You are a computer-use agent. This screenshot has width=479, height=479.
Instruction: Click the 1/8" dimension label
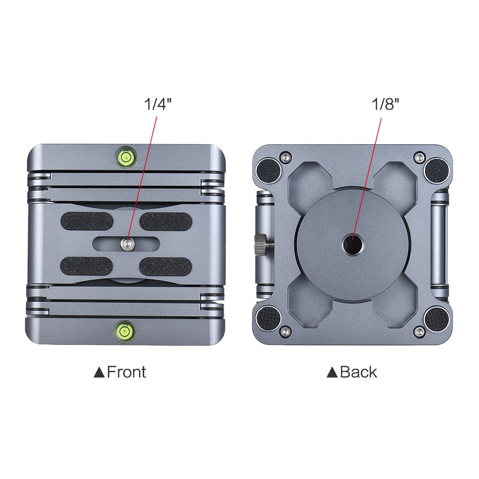386,104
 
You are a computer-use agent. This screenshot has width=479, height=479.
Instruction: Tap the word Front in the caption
126,372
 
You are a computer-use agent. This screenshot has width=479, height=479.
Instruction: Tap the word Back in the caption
358,372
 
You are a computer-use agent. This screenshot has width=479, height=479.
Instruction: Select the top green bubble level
125,156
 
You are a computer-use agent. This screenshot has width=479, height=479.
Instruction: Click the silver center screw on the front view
127,244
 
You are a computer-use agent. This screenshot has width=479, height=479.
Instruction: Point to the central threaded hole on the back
352,244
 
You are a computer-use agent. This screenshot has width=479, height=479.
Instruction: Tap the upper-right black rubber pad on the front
166,221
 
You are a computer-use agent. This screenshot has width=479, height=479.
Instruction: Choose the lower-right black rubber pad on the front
166,266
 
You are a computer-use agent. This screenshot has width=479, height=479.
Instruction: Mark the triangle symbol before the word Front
99,372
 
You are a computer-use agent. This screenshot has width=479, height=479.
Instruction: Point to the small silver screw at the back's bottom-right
420,331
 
